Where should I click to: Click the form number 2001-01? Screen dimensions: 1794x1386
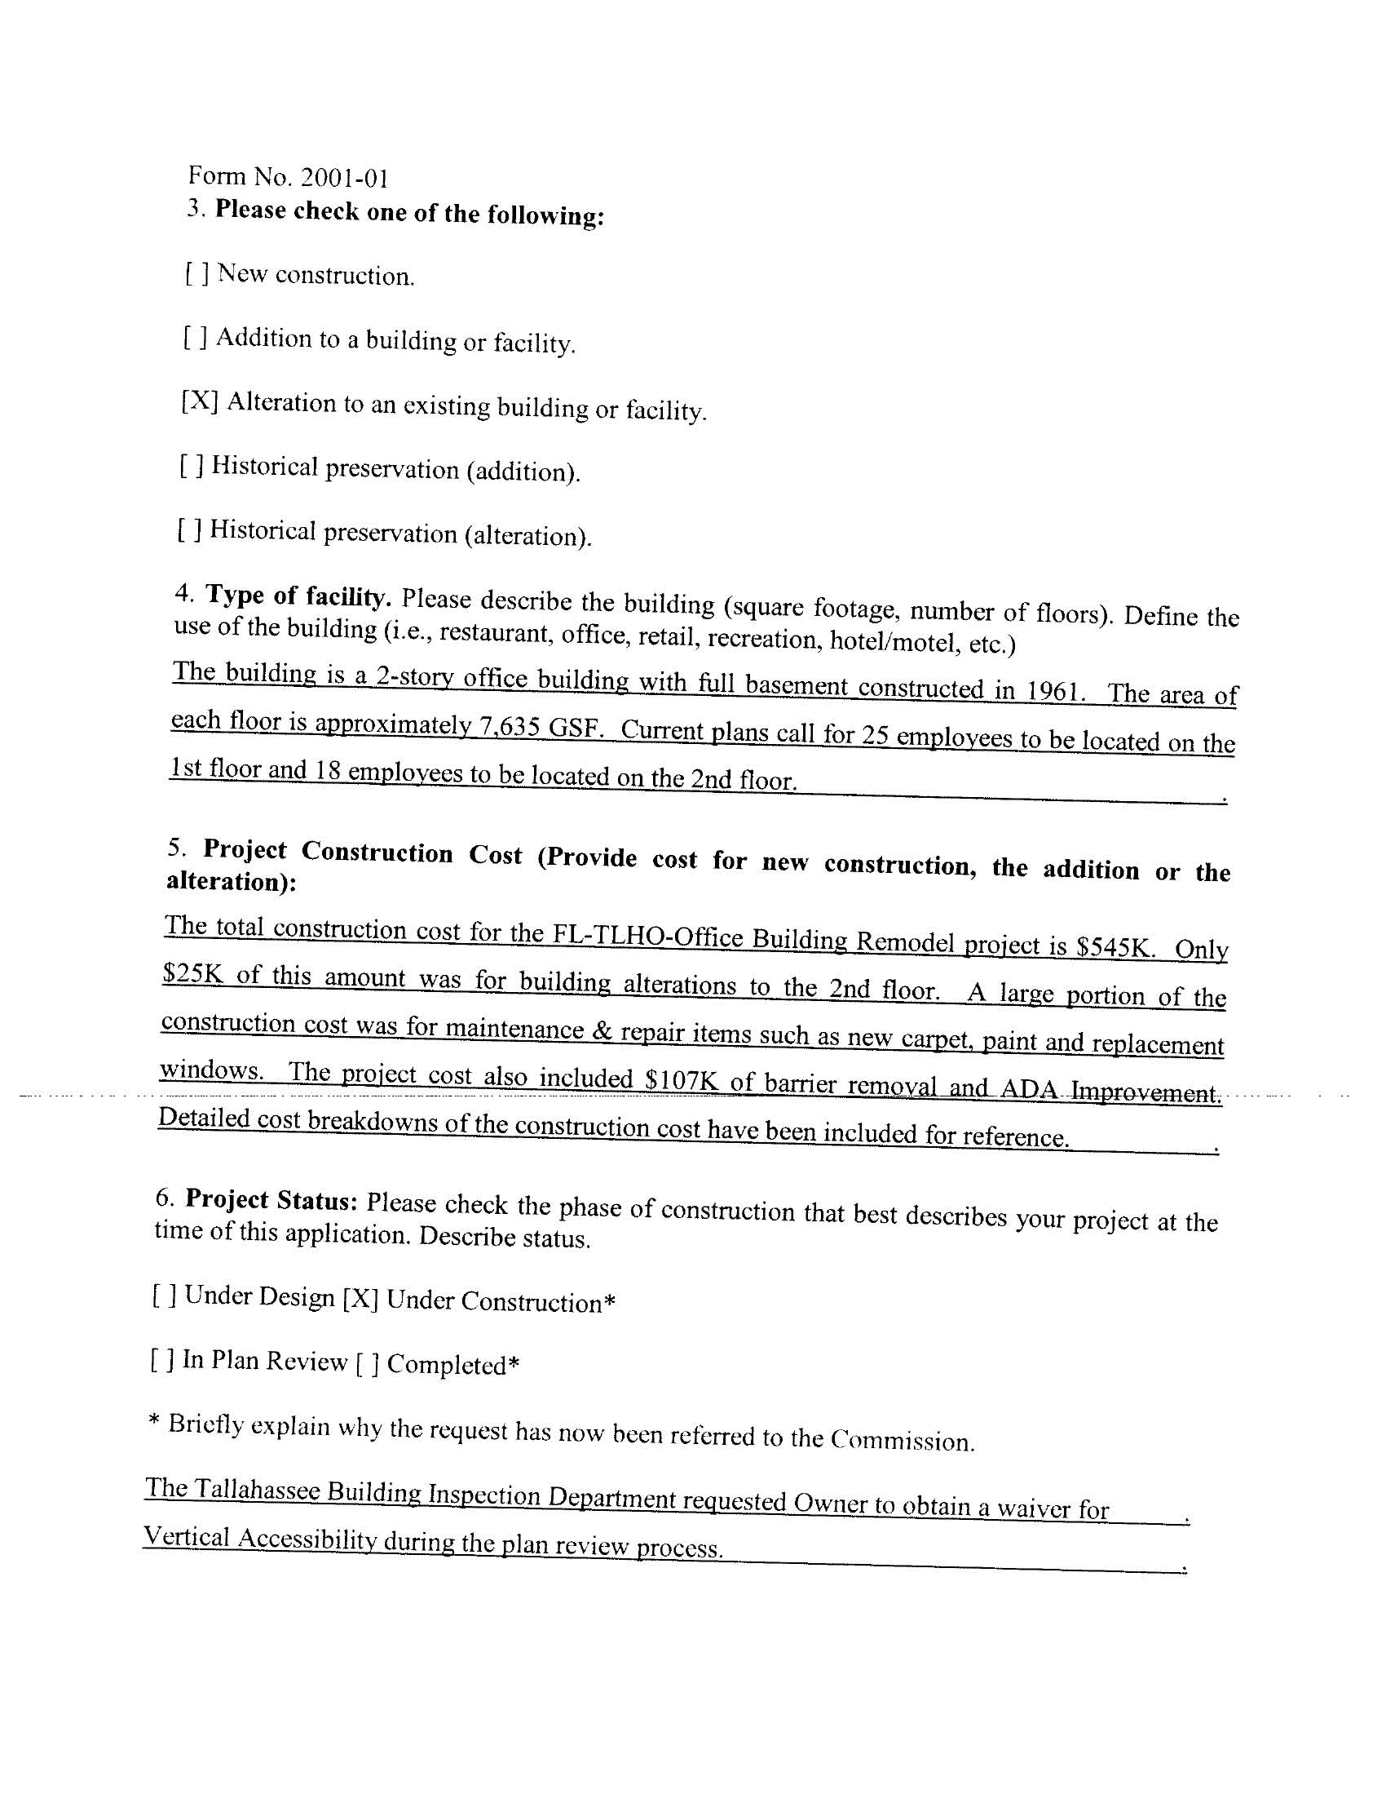click(344, 177)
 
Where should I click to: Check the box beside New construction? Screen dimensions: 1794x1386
click(196, 273)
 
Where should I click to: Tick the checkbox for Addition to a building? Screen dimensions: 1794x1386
click(195, 337)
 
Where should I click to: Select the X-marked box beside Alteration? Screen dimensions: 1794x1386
click(199, 401)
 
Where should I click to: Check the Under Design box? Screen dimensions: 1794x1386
click(163, 1296)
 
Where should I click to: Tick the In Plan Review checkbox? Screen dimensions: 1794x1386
click(161, 1360)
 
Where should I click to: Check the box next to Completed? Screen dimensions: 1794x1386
click(366, 1364)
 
